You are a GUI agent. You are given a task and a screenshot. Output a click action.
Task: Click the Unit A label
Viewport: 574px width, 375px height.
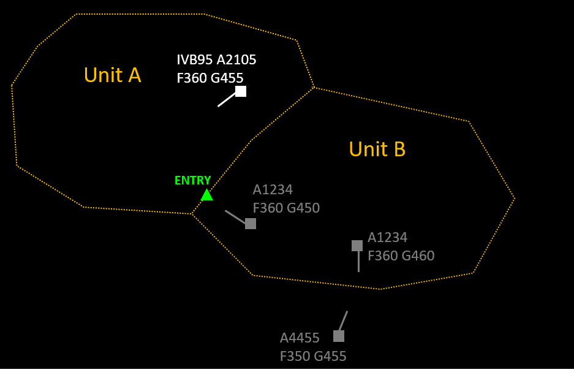coord(112,75)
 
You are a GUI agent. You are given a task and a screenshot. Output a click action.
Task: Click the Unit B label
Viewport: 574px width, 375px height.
coord(377,150)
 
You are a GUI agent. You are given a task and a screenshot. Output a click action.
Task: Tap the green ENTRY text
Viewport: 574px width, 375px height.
coord(192,181)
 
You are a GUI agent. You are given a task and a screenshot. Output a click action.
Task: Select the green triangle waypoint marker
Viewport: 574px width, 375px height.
coord(207,195)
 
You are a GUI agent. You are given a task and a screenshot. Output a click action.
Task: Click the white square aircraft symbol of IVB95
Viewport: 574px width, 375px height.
coord(241,91)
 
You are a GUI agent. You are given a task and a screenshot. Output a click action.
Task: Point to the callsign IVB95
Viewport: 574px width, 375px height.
coord(194,60)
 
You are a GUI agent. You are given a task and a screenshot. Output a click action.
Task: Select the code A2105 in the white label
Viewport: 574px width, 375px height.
coord(236,60)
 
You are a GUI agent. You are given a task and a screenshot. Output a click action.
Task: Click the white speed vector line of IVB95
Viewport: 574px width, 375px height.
coord(226,99)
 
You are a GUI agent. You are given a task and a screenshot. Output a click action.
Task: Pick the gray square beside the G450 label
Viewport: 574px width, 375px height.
coord(251,224)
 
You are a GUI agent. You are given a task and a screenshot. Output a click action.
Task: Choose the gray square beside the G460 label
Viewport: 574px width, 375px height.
coord(357,246)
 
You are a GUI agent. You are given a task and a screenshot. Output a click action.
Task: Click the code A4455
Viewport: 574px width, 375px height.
coord(300,338)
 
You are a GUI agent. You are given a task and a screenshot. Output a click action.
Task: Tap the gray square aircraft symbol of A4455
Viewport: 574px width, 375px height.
coord(339,336)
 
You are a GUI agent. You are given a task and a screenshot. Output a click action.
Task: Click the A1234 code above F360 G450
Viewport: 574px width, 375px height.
coord(273,190)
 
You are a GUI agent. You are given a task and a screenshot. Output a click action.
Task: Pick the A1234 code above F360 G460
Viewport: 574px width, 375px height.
coord(387,238)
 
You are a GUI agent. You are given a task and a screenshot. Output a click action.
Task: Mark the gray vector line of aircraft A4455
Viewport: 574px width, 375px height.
coord(343,320)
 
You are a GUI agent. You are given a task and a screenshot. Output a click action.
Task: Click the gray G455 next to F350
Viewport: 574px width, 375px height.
coord(330,357)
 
